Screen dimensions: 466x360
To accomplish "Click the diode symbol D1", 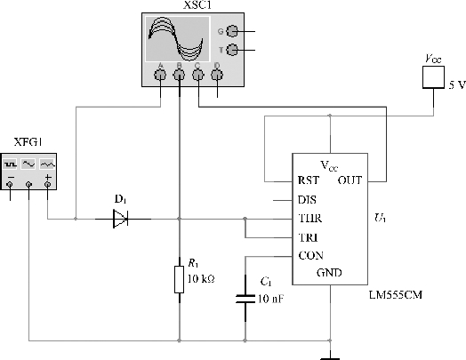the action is [x=120, y=219].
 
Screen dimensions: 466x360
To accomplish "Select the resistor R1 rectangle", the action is [x=179, y=279].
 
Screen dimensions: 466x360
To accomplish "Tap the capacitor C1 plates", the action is [x=245, y=299].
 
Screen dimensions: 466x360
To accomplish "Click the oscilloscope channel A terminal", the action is [x=160, y=75].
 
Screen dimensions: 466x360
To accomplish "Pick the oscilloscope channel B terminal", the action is [x=179, y=75].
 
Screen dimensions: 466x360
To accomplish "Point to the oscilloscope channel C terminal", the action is [x=198, y=75].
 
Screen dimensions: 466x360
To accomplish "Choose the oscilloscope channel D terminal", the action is [x=217, y=75].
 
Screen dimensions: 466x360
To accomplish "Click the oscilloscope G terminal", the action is [x=232, y=31].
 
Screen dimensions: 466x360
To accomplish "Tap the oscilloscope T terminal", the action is [x=232, y=50].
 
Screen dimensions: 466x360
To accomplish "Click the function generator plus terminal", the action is [x=47, y=185].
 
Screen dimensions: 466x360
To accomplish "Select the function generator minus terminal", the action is [x=10, y=185].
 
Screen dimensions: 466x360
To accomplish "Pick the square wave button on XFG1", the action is [x=10, y=164].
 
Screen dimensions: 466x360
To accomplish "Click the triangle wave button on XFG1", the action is [x=47, y=164].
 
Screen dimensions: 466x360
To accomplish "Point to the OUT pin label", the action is [x=349, y=180].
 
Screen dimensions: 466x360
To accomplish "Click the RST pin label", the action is [x=309, y=180].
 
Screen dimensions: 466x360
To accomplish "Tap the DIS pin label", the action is [x=307, y=200].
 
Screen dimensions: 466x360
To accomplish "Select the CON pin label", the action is [x=311, y=256].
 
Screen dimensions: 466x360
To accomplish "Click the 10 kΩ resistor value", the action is [x=201, y=279].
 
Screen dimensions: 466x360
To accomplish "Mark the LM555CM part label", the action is [x=395, y=295].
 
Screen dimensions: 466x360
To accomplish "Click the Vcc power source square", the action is [x=433, y=77].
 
